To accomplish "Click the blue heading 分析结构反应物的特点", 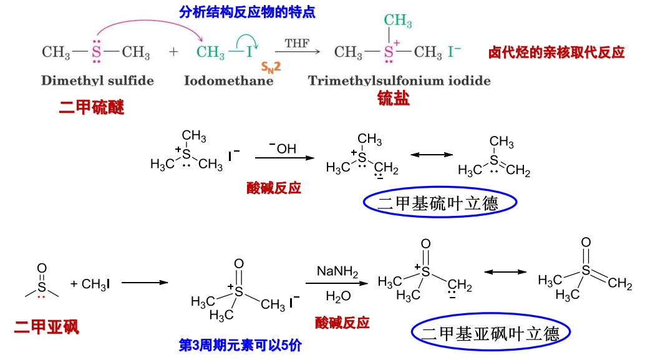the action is (x=247, y=12).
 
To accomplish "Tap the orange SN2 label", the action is (x=271, y=67).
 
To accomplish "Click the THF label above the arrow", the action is (x=297, y=43).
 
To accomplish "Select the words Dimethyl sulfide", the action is (x=97, y=80).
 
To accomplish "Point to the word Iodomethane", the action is (x=229, y=80).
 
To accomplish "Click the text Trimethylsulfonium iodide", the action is (x=399, y=80).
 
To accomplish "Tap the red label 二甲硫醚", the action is (x=91, y=107).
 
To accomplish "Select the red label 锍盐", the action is (x=393, y=99).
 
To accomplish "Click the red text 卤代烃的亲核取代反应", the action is (x=556, y=52).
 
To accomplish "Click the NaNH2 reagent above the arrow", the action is (x=337, y=271).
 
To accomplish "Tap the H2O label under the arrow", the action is (x=338, y=296).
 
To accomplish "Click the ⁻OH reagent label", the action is (x=283, y=148).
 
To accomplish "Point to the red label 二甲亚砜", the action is (x=47, y=327).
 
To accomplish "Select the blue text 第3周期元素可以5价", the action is (x=240, y=345).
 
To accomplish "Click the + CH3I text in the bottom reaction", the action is (x=90, y=284).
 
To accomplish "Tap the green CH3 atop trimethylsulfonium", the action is (x=398, y=20).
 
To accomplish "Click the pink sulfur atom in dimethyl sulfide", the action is (x=96, y=52).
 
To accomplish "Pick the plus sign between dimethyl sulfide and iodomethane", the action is (x=173, y=52).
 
